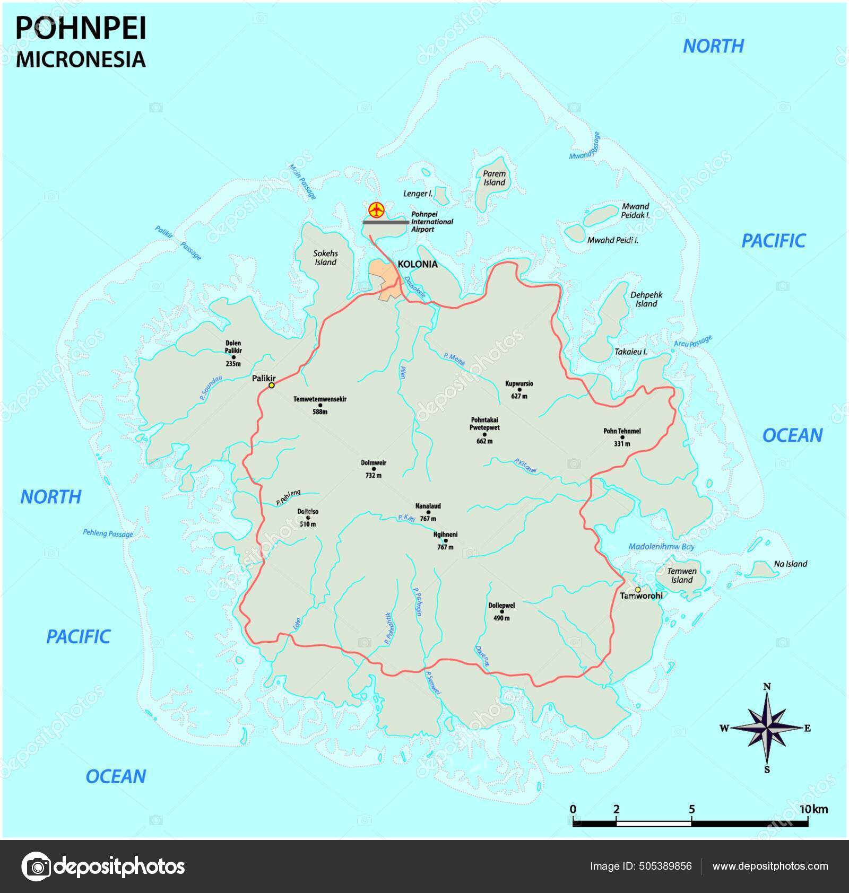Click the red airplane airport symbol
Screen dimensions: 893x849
[376, 209]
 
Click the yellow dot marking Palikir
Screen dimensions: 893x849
[271, 386]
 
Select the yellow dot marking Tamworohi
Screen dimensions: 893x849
[638, 589]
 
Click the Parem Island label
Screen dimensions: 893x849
[494, 178]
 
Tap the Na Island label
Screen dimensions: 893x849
[790, 564]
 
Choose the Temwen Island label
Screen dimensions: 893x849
[681, 575]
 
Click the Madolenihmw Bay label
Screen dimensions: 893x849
[661, 547]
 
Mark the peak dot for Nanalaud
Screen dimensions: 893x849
[428, 513]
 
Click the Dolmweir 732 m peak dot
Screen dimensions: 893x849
[374, 469]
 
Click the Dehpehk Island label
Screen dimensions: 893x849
[646, 299]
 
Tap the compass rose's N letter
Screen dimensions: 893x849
[767, 686]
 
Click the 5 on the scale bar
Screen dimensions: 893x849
[691, 809]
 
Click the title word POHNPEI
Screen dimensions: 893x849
[81, 29]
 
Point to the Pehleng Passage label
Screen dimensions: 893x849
[108, 533]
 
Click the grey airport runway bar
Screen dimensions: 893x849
[386, 223]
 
